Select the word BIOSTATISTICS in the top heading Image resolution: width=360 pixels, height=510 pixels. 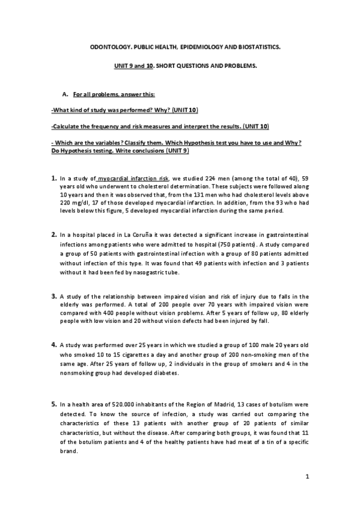(255, 45)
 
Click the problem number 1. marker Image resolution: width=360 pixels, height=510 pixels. (54, 179)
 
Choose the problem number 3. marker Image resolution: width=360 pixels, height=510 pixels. (54, 296)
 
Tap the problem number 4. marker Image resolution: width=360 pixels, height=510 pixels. (54, 345)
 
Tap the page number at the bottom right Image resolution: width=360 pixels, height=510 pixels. (307, 478)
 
